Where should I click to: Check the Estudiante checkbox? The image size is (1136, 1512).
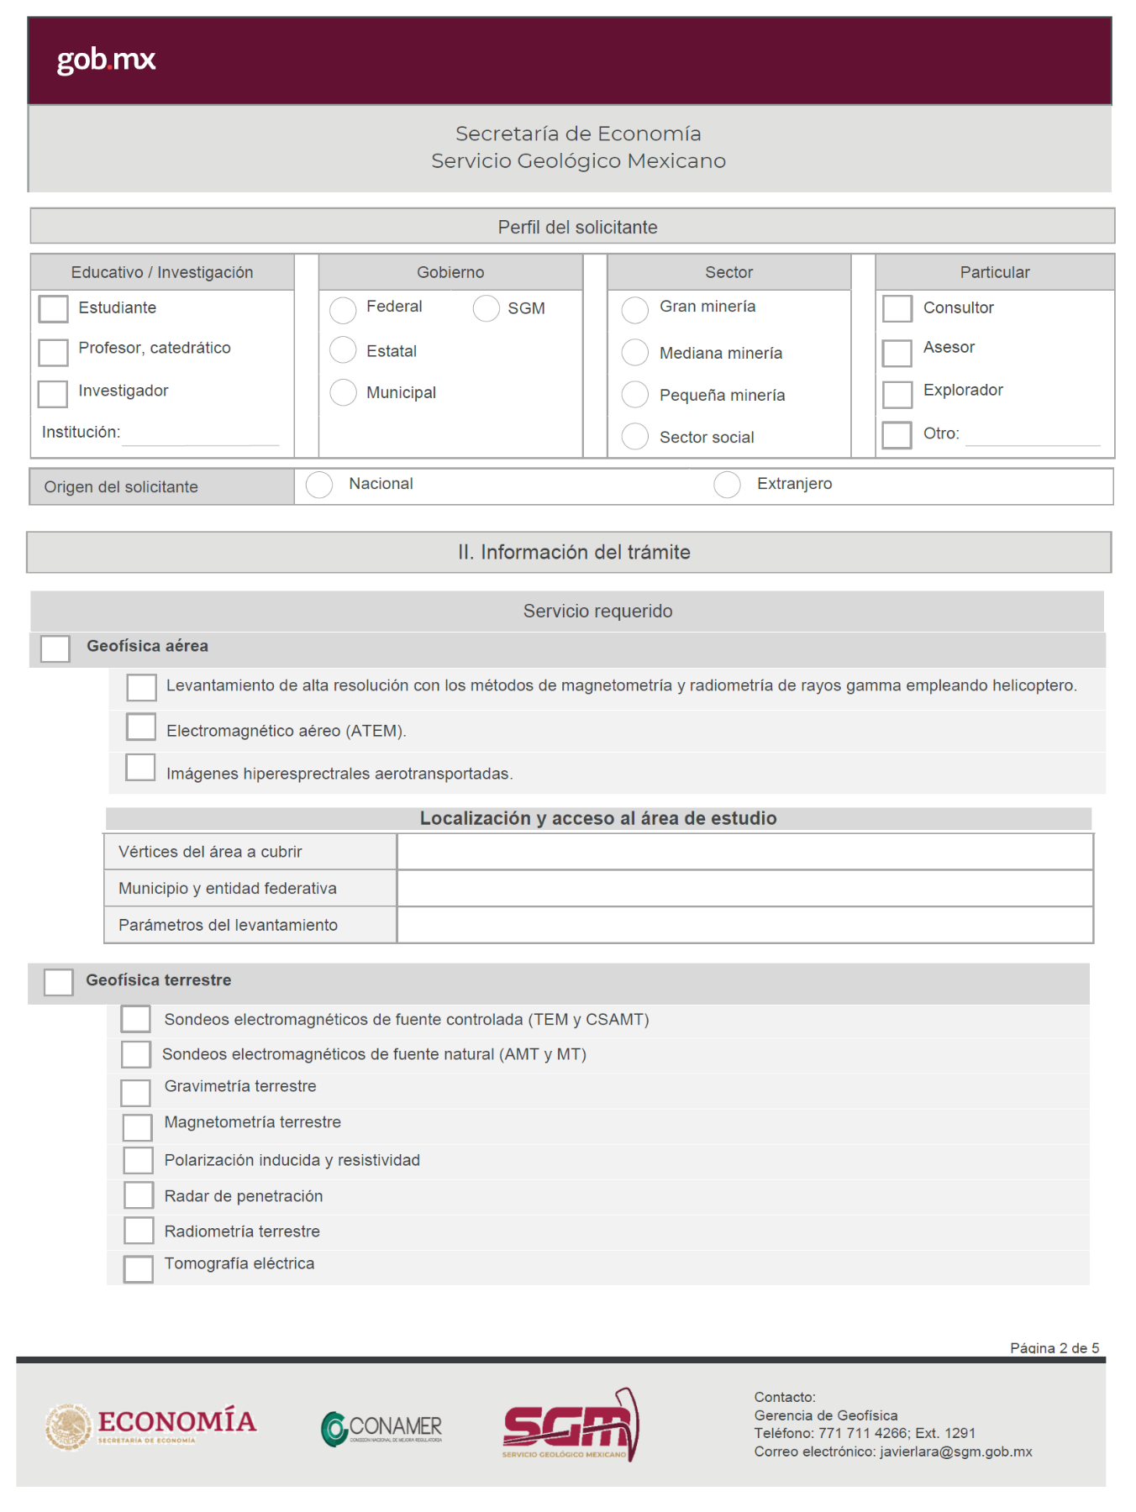[54, 309]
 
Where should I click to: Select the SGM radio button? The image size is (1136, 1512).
[486, 308]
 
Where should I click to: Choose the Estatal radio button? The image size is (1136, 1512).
[343, 350]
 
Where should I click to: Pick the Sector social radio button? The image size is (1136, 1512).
[635, 437]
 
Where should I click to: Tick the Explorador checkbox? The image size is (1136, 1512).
[897, 394]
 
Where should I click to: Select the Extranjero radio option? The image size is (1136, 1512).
[727, 485]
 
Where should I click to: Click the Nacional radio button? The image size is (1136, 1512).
[319, 485]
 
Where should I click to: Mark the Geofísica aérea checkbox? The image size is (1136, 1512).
[55, 648]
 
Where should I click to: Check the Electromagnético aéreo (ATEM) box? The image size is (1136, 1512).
[141, 727]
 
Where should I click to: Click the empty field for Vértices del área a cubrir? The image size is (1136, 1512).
[744, 852]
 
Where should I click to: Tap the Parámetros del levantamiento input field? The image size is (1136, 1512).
[744, 925]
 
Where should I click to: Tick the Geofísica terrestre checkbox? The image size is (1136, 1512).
[59, 982]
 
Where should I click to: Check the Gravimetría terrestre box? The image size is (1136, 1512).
[135, 1092]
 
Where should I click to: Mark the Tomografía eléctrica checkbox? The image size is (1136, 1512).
[139, 1268]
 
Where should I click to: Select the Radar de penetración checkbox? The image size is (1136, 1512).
[139, 1194]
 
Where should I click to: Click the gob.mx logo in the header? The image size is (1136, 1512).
[106, 60]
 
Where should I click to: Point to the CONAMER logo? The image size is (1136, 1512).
[381, 1428]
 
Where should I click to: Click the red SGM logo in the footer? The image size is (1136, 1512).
[570, 1425]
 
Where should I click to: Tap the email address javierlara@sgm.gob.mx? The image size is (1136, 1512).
[955, 1452]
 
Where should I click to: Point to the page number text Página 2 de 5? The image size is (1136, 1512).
[1054, 1348]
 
